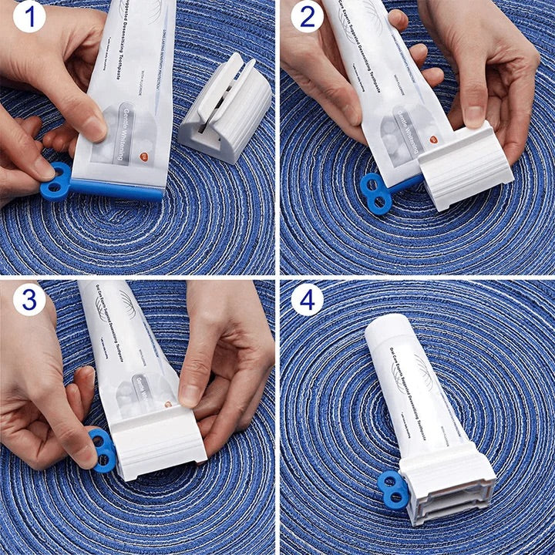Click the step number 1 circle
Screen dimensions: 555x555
(x=29, y=17)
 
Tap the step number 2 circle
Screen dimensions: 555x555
(x=307, y=17)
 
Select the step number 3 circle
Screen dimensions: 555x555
(x=29, y=298)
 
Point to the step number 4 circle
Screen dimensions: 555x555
(x=307, y=298)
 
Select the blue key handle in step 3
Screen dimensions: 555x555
(x=103, y=450)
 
